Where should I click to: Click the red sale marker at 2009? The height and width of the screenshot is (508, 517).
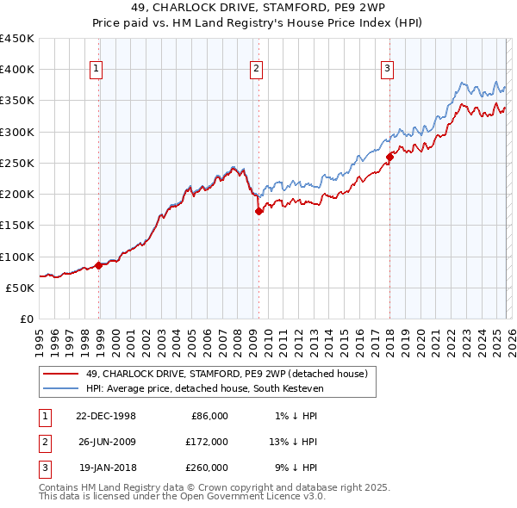258,211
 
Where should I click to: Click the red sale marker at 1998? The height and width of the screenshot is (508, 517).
98,265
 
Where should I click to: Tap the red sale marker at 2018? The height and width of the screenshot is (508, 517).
389,157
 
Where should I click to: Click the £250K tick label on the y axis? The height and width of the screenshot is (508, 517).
17,163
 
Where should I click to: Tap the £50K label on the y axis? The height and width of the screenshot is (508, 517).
21,288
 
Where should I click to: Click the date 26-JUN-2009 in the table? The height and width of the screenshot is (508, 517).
106,442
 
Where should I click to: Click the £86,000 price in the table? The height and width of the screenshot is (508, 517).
207,416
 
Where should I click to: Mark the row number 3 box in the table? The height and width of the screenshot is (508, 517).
44,468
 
